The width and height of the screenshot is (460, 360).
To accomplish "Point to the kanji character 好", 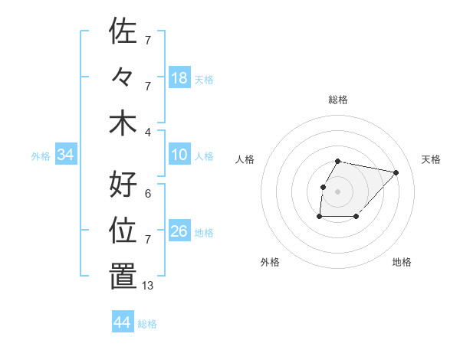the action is click(x=123, y=185).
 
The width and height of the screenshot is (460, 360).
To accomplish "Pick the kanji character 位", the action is click(x=123, y=231).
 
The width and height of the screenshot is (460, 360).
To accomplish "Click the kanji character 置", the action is click(x=123, y=277).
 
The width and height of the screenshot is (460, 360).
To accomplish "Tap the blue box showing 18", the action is click(x=179, y=78).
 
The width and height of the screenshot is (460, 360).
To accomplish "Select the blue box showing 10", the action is click(x=179, y=155).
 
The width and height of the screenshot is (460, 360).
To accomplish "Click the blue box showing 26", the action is click(x=179, y=231).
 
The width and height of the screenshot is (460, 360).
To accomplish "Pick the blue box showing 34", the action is click(x=66, y=155).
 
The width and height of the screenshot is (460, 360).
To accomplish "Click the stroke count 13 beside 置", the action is click(x=148, y=286).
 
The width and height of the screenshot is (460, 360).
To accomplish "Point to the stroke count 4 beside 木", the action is click(x=148, y=133).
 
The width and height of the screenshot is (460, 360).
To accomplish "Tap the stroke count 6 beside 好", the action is click(x=148, y=194).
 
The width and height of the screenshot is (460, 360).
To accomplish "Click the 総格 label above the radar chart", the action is click(x=338, y=100).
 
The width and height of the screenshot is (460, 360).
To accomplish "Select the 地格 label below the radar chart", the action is click(x=402, y=263).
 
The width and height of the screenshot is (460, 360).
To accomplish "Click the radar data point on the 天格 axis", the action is click(x=396, y=172).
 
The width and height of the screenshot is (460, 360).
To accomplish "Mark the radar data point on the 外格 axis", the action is click(x=319, y=218).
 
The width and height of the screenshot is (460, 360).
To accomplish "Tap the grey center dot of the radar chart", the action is click(x=338, y=191).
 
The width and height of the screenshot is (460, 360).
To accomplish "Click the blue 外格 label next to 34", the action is click(x=41, y=156).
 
